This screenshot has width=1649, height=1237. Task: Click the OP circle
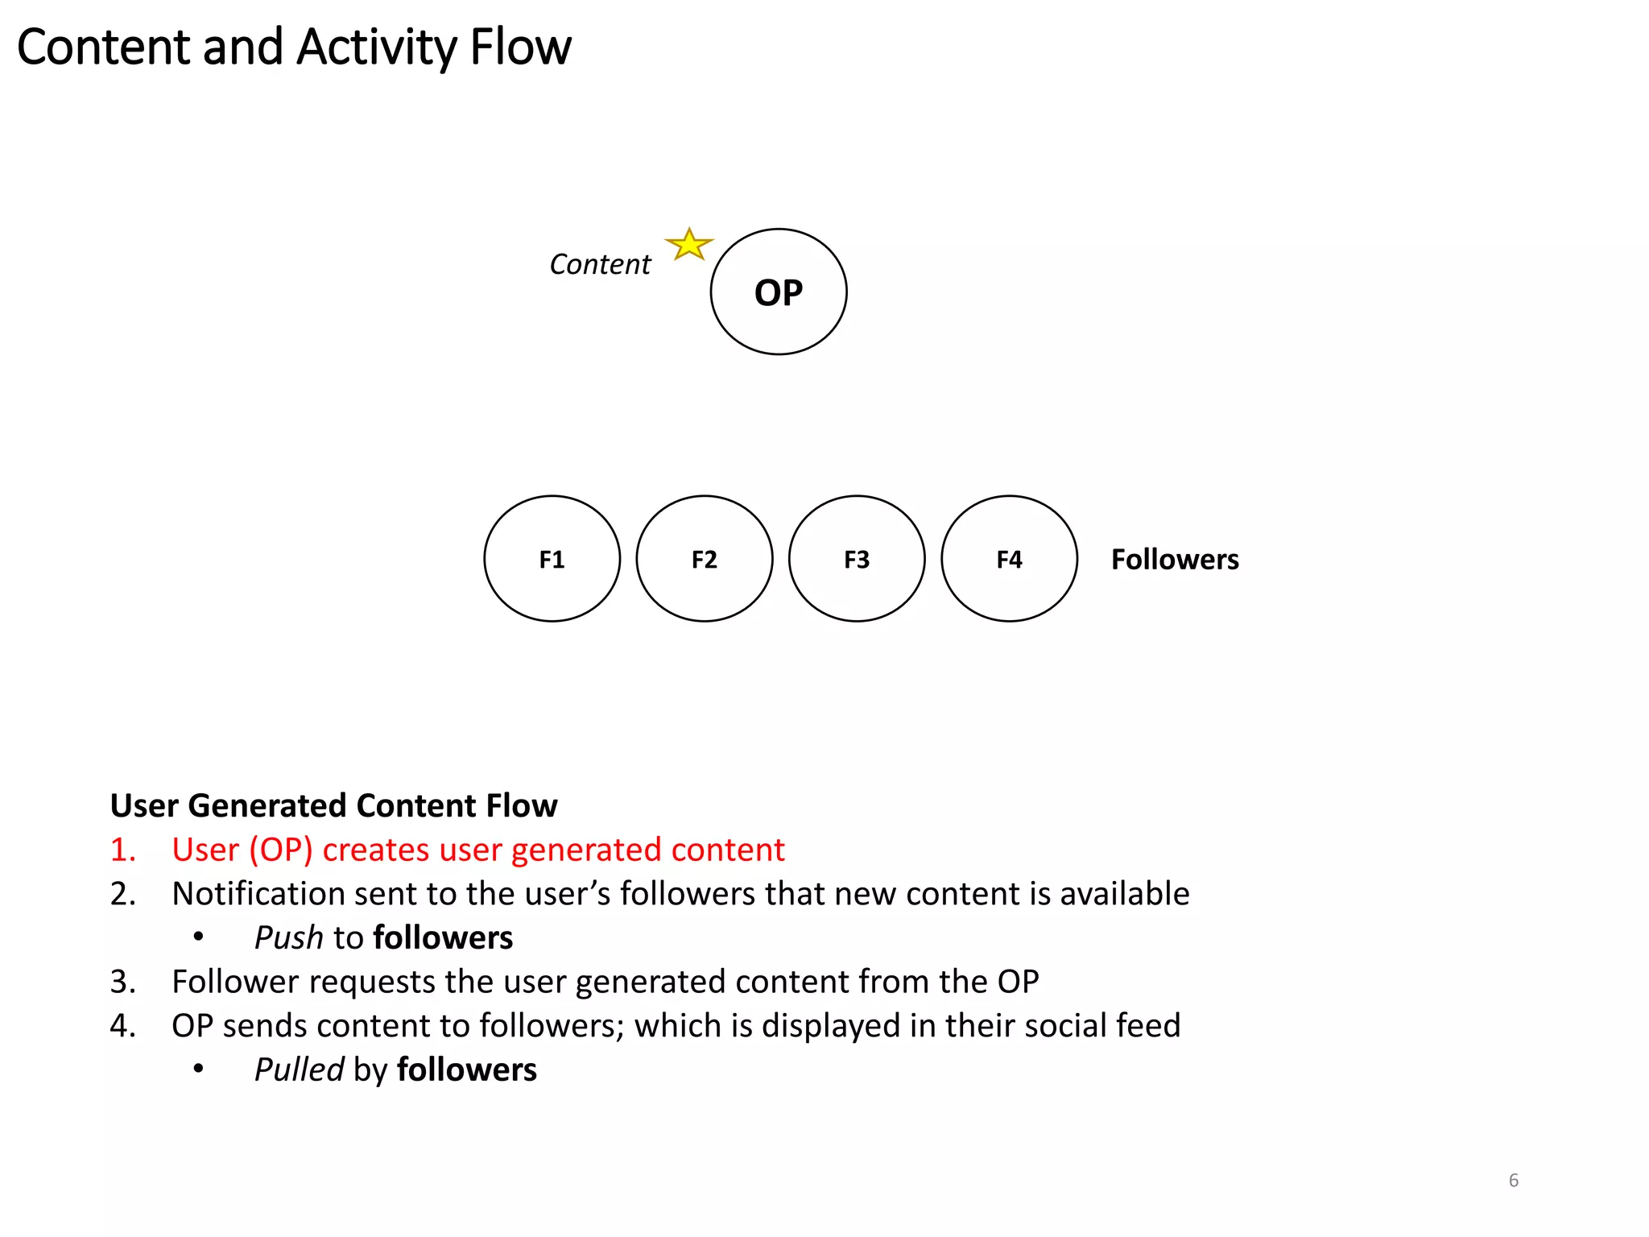(778, 292)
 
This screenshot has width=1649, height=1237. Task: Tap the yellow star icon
(689, 245)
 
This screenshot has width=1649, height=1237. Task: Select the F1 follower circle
(552, 559)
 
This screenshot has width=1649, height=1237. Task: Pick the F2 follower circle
(704, 559)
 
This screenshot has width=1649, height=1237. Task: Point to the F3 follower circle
(857, 559)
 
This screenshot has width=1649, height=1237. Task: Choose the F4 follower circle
(1009, 559)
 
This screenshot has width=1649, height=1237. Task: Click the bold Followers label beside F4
(1174, 560)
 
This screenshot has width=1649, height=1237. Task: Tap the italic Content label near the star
(600, 264)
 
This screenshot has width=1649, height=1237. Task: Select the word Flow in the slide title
(520, 47)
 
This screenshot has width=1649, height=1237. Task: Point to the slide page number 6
(1513, 1181)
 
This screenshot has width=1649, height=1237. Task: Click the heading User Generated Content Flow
(333, 805)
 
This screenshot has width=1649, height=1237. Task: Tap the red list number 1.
(122, 850)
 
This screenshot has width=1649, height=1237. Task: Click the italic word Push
(288, 938)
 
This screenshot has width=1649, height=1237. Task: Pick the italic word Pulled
(299, 1070)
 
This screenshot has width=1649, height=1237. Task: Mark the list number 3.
(122, 983)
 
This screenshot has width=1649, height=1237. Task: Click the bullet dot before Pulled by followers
(198, 1069)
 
